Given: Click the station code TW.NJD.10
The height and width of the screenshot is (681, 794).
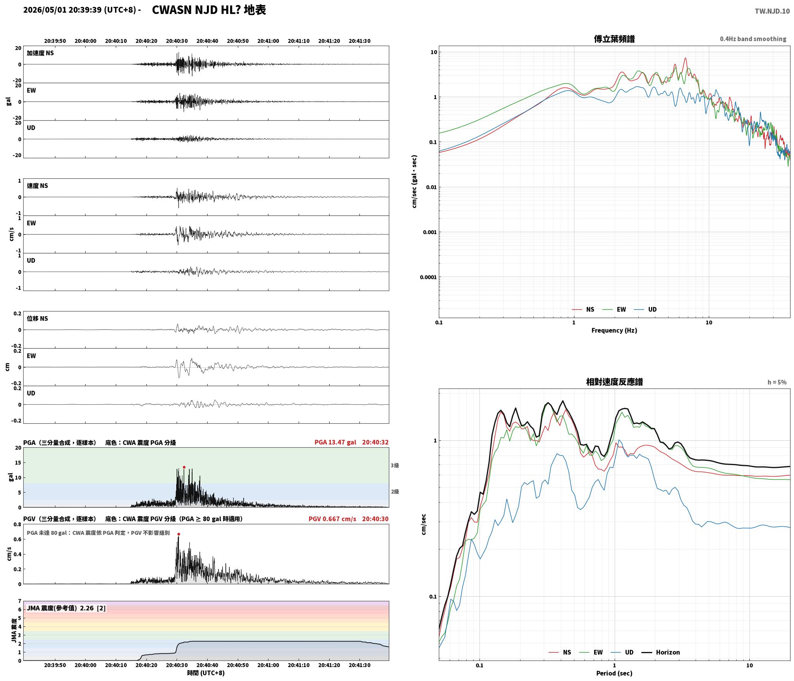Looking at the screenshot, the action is [772, 11].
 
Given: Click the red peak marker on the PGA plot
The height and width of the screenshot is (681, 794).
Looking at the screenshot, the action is [184, 467].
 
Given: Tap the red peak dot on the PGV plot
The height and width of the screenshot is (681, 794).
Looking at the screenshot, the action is [179, 534].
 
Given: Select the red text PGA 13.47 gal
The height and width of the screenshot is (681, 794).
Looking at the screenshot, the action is [335, 442].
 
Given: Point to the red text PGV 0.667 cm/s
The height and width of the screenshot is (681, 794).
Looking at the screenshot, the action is [332, 518].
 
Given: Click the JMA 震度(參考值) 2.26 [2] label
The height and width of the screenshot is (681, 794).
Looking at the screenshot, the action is [66, 608].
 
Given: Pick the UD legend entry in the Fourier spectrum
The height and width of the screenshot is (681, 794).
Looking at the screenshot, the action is [645, 309].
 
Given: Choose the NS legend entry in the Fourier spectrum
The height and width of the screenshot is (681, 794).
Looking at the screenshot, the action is [583, 309].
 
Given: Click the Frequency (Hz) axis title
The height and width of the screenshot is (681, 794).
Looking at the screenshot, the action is [614, 330].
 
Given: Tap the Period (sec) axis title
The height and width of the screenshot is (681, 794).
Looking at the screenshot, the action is [614, 673].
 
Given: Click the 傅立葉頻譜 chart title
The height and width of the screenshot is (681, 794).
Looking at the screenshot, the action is [614, 39].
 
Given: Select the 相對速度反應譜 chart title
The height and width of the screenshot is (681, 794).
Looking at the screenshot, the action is [614, 382].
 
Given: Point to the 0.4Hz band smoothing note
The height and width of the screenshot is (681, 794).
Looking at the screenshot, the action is [753, 39].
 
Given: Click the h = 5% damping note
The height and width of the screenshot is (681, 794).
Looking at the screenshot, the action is [777, 382].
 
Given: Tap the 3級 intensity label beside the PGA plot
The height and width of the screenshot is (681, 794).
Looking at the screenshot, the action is [395, 465].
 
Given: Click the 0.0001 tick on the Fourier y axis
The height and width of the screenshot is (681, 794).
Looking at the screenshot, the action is [428, 277].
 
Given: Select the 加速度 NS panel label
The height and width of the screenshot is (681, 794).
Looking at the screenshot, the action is [40, 53].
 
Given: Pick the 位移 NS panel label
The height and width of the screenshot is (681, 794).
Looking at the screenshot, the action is [37, 318].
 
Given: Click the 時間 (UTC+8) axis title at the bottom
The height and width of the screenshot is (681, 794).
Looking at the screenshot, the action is [206, 672].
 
